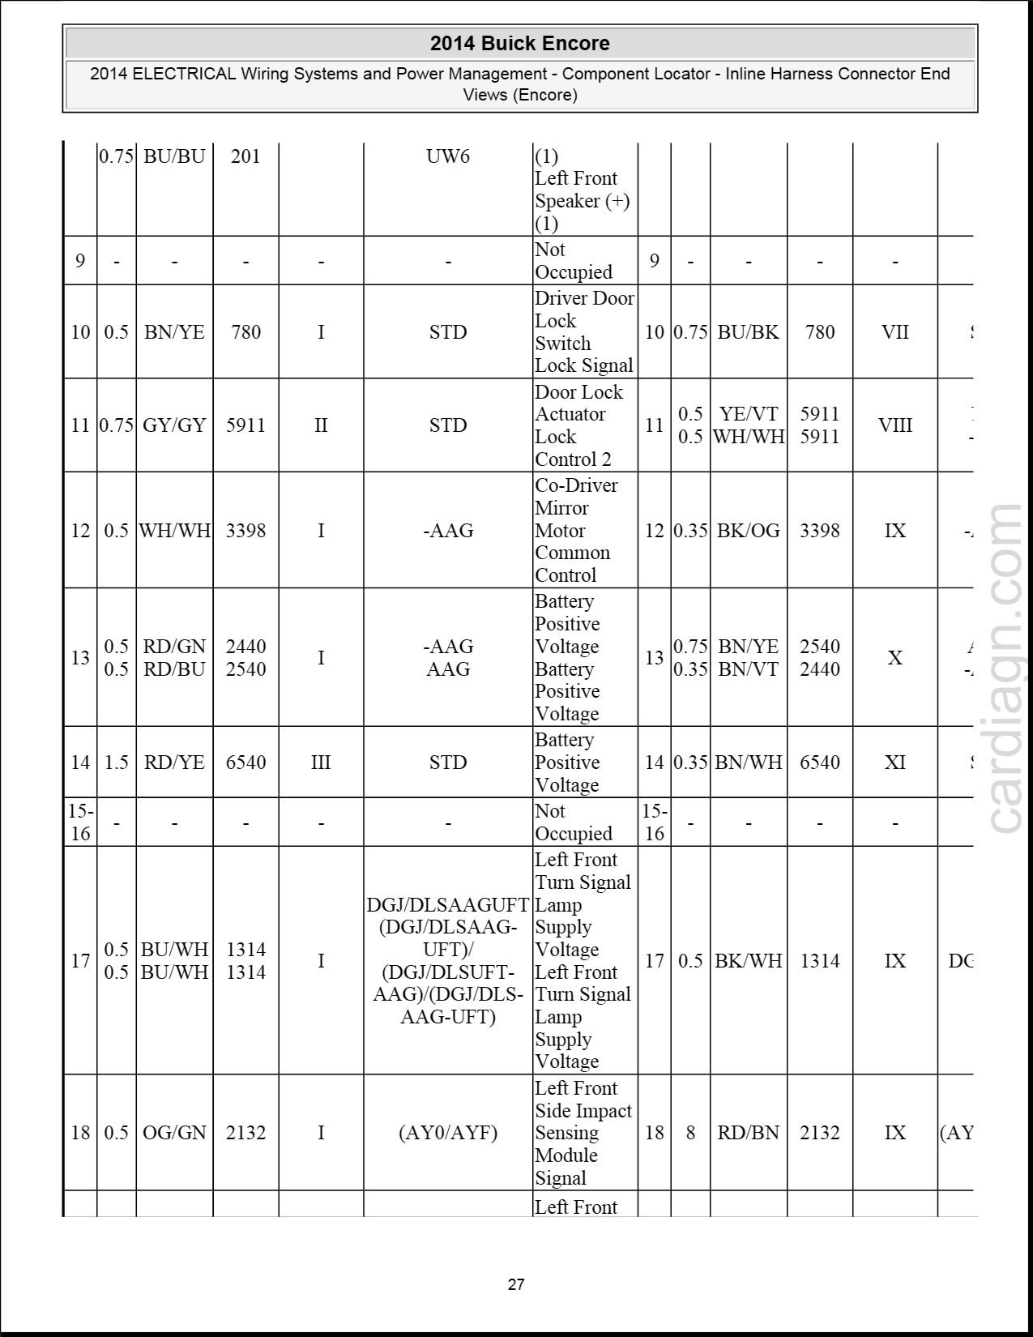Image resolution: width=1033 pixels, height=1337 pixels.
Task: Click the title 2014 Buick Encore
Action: (519, 43)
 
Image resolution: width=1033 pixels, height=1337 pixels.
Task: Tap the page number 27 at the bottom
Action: (516, 1284)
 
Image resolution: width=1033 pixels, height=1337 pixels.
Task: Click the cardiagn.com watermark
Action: (1005, 668)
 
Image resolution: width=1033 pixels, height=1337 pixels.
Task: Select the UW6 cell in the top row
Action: (448, 156)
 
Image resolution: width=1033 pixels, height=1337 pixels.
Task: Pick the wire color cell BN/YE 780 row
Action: (174, 331)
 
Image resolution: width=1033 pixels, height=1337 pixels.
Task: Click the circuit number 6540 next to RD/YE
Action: (245, 762)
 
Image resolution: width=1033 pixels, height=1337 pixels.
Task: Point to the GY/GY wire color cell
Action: (174, 425)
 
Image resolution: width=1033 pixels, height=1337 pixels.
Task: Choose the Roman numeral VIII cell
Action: (894, 425)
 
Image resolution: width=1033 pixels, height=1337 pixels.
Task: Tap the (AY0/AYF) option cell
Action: (448, 1132)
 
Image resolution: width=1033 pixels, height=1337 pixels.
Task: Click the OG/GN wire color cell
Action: (174, 1132)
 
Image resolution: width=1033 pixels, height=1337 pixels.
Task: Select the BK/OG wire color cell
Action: (748, 530)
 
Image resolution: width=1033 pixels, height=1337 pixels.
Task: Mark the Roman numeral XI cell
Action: (894, 762)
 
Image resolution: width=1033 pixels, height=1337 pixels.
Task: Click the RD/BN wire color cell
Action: (748, 1132)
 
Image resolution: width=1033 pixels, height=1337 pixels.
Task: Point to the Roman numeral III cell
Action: (321, 762)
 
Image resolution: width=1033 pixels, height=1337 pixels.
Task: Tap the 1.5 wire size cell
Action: (116, 762)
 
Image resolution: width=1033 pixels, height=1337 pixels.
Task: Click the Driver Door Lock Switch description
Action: (584, 331)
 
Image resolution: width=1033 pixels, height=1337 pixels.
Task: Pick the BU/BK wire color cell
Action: (748, 331)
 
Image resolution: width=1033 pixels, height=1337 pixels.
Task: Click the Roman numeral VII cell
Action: (894, 331)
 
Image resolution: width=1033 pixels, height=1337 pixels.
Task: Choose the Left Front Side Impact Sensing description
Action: (583, 1132)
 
